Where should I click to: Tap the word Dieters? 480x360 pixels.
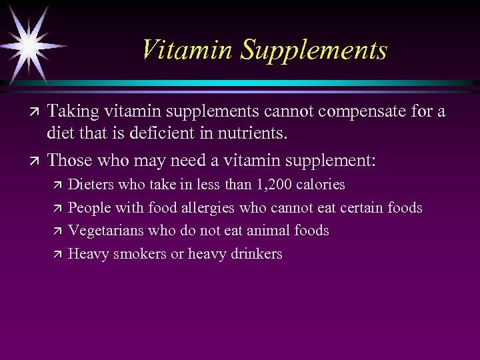(91, 184)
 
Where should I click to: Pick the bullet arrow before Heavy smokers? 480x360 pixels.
(57, 254)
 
